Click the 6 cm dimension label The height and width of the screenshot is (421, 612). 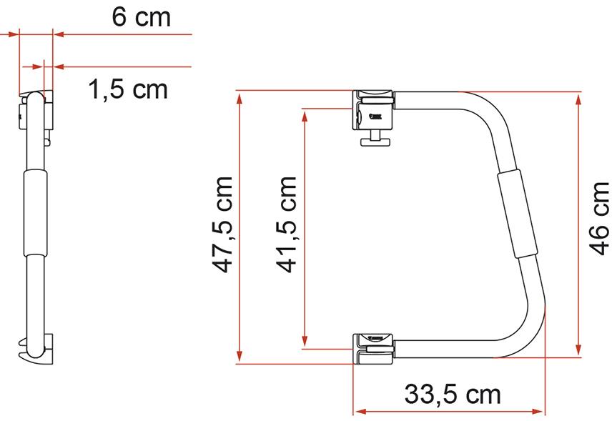(x=142, y=17)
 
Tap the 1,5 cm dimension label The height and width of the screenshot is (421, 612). (x=128, y=89)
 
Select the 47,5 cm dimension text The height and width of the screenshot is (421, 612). (x=222, y=224)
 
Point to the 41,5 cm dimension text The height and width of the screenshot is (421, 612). (x=286, y=224)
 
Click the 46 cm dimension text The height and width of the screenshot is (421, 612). (x=598, y=219)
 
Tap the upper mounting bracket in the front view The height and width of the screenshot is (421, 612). (x=373, y=110)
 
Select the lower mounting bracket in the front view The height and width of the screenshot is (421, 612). (x=373, y=349)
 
